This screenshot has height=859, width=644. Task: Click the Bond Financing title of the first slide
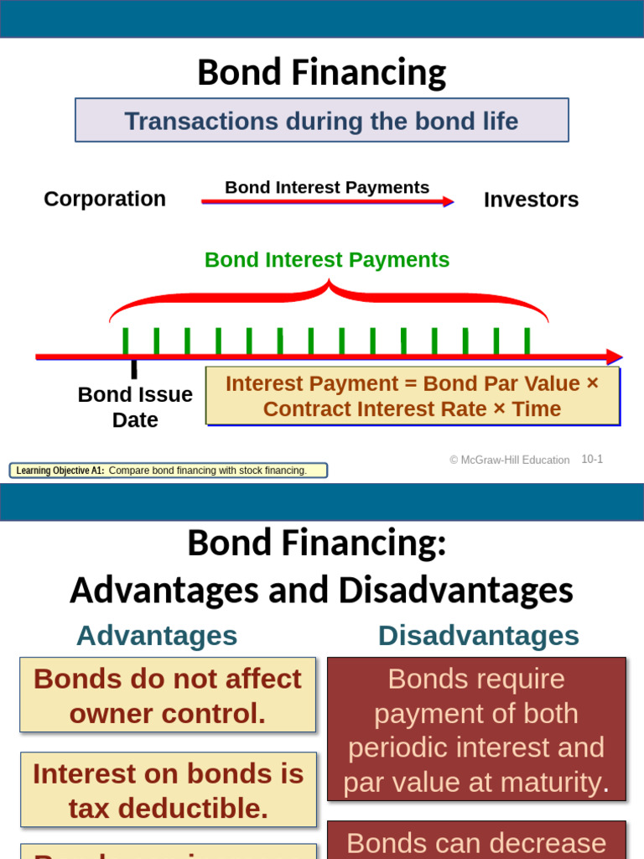[x=321, y=73]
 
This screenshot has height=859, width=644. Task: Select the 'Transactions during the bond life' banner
[x=321, y=121]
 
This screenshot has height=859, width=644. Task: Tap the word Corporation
[x=105, y=199]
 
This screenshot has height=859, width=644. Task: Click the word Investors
[x=531, y=200]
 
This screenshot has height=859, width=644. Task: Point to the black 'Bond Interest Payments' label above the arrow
[x=327, y=187]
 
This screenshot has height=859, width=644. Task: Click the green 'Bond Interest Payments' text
[x=327, y=260]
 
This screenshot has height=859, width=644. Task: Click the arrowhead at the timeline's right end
[x=615, y=357]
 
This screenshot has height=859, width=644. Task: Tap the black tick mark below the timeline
[x=133, y=369]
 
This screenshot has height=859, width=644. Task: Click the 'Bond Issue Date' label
[x=135, y=407]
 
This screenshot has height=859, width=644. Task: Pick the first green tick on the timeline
[x=126, y=341]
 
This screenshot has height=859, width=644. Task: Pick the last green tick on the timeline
[x=527, y=341]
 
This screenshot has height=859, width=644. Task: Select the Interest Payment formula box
[x=413, y=396]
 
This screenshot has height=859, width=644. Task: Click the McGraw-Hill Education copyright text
[x=509, y=460]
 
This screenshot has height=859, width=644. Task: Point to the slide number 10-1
[x=592, y=459]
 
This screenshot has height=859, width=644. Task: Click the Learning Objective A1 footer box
[x=168, y=471]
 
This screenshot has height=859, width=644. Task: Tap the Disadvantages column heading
[x=478, y=636]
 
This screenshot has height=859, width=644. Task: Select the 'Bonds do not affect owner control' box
[x=168, y=695]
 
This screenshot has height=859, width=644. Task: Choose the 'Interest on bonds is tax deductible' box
[x=169, y=790]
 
